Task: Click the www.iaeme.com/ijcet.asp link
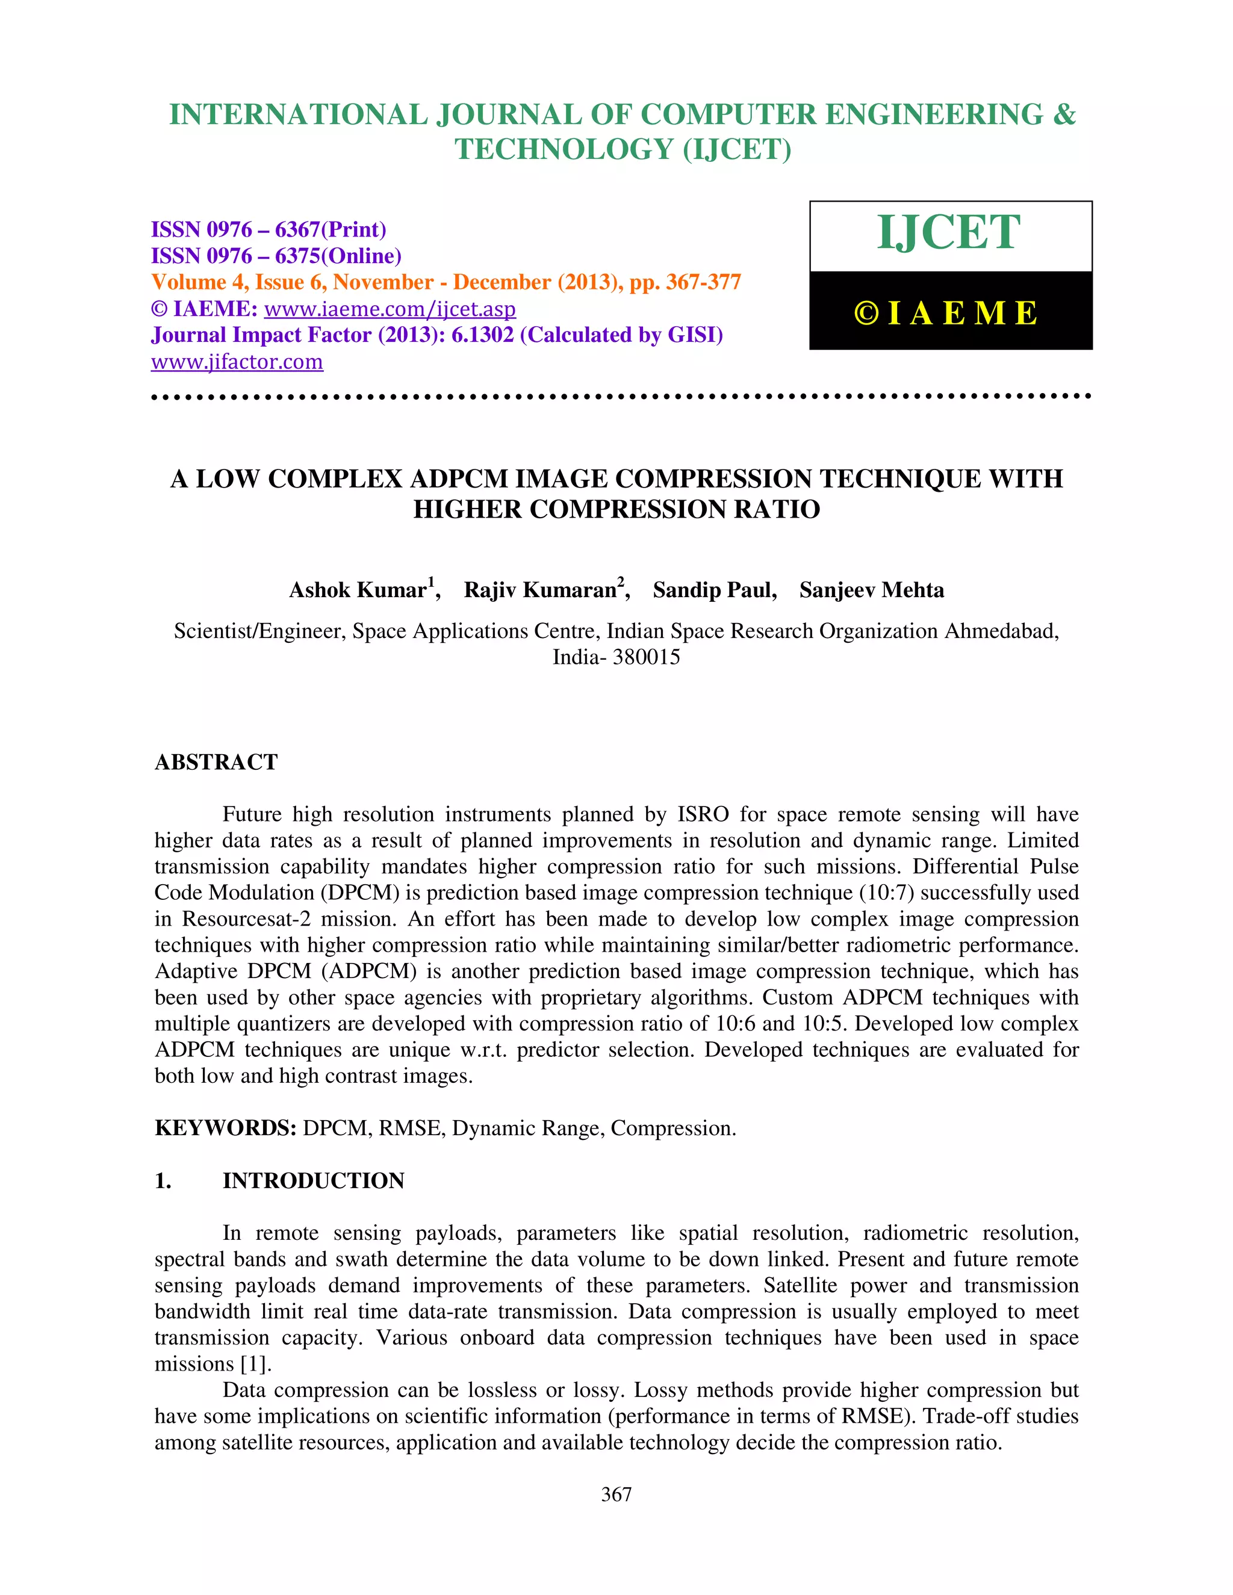click(x=390, y=309)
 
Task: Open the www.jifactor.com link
click(x=237, y=362)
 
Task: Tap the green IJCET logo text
click(x=948, y=233)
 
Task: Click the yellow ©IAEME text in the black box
click(x=946, y=314)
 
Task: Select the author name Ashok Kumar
click(x=358, y=590)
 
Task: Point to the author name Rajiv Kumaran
click(x=541, y=590)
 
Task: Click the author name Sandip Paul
click(x=713, y=590)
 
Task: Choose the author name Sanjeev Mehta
click(x=871, y=590)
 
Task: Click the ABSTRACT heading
click(x=216, y=762)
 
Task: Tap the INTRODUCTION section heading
click(x=313, y=1180)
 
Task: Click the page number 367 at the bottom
click(x=616, y=1494)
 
